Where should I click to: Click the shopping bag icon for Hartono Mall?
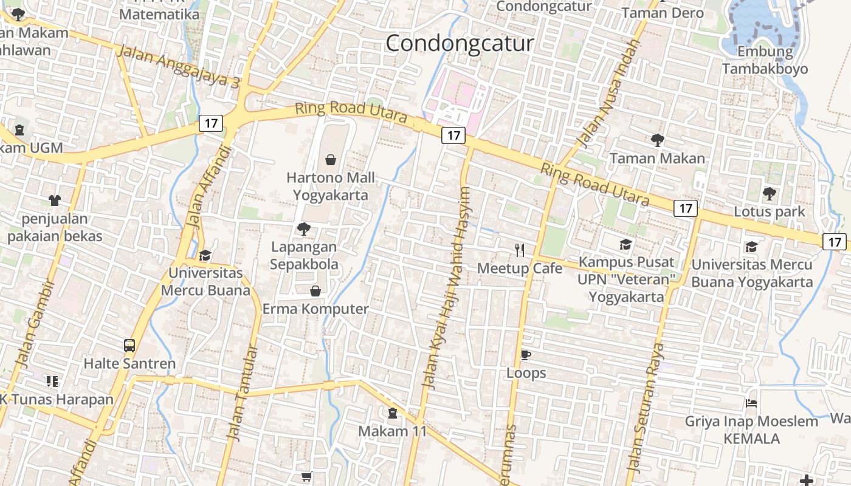331,160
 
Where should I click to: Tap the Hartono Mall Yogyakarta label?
331,187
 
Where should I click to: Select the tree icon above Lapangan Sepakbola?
303,229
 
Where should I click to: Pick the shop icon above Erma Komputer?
315,291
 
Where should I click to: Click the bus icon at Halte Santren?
129,346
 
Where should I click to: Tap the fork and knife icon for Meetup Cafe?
520,250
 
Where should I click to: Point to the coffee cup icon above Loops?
526,355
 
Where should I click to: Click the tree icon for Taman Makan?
657,140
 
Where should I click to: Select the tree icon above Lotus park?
769,194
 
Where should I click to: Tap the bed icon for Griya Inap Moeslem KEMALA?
752,403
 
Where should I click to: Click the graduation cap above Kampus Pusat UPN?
625,244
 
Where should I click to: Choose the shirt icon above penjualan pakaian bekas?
55,200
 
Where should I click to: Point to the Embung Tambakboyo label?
765,60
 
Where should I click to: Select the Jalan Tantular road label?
243,393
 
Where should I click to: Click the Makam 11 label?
392,431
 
